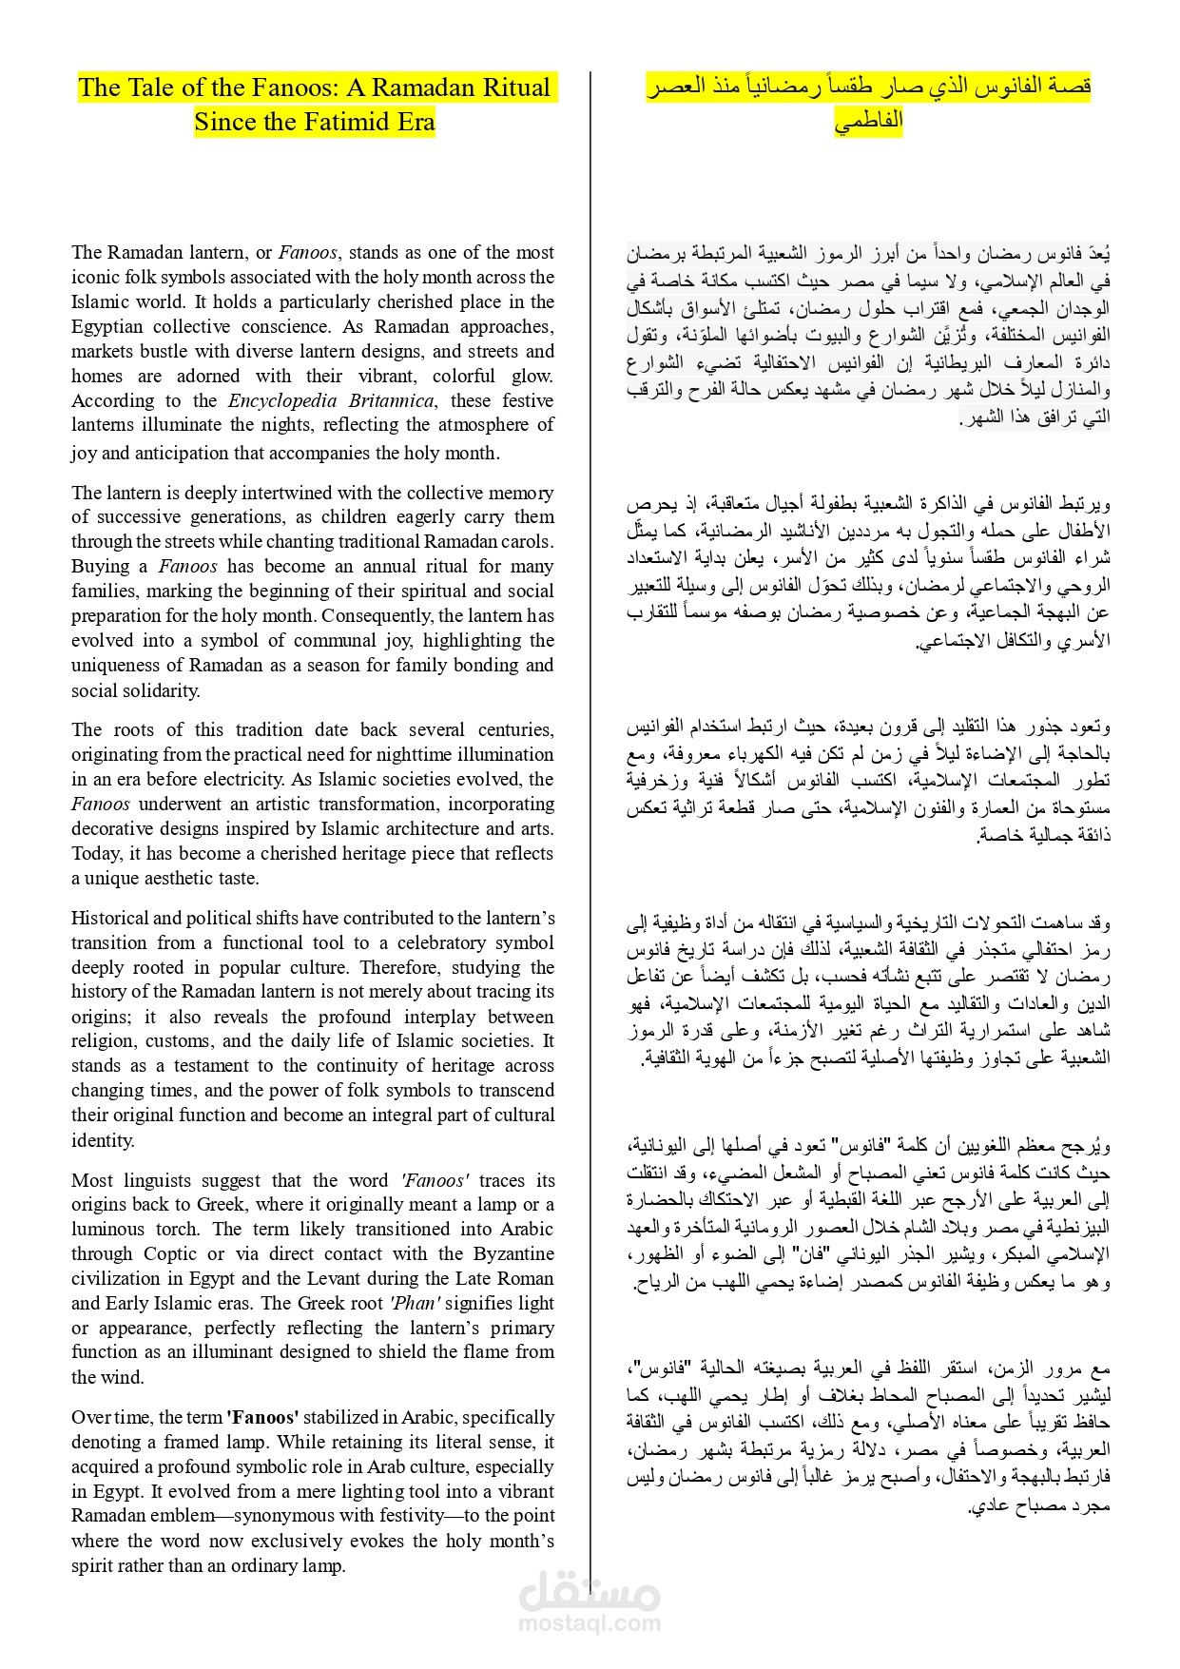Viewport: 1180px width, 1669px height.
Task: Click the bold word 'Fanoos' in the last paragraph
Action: click(262, 1417)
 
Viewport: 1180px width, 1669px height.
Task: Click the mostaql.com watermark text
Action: click(590, 1623)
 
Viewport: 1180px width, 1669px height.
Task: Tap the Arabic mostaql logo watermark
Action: click(590, 1588)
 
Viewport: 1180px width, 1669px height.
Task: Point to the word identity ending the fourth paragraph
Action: click(103, 1140)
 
